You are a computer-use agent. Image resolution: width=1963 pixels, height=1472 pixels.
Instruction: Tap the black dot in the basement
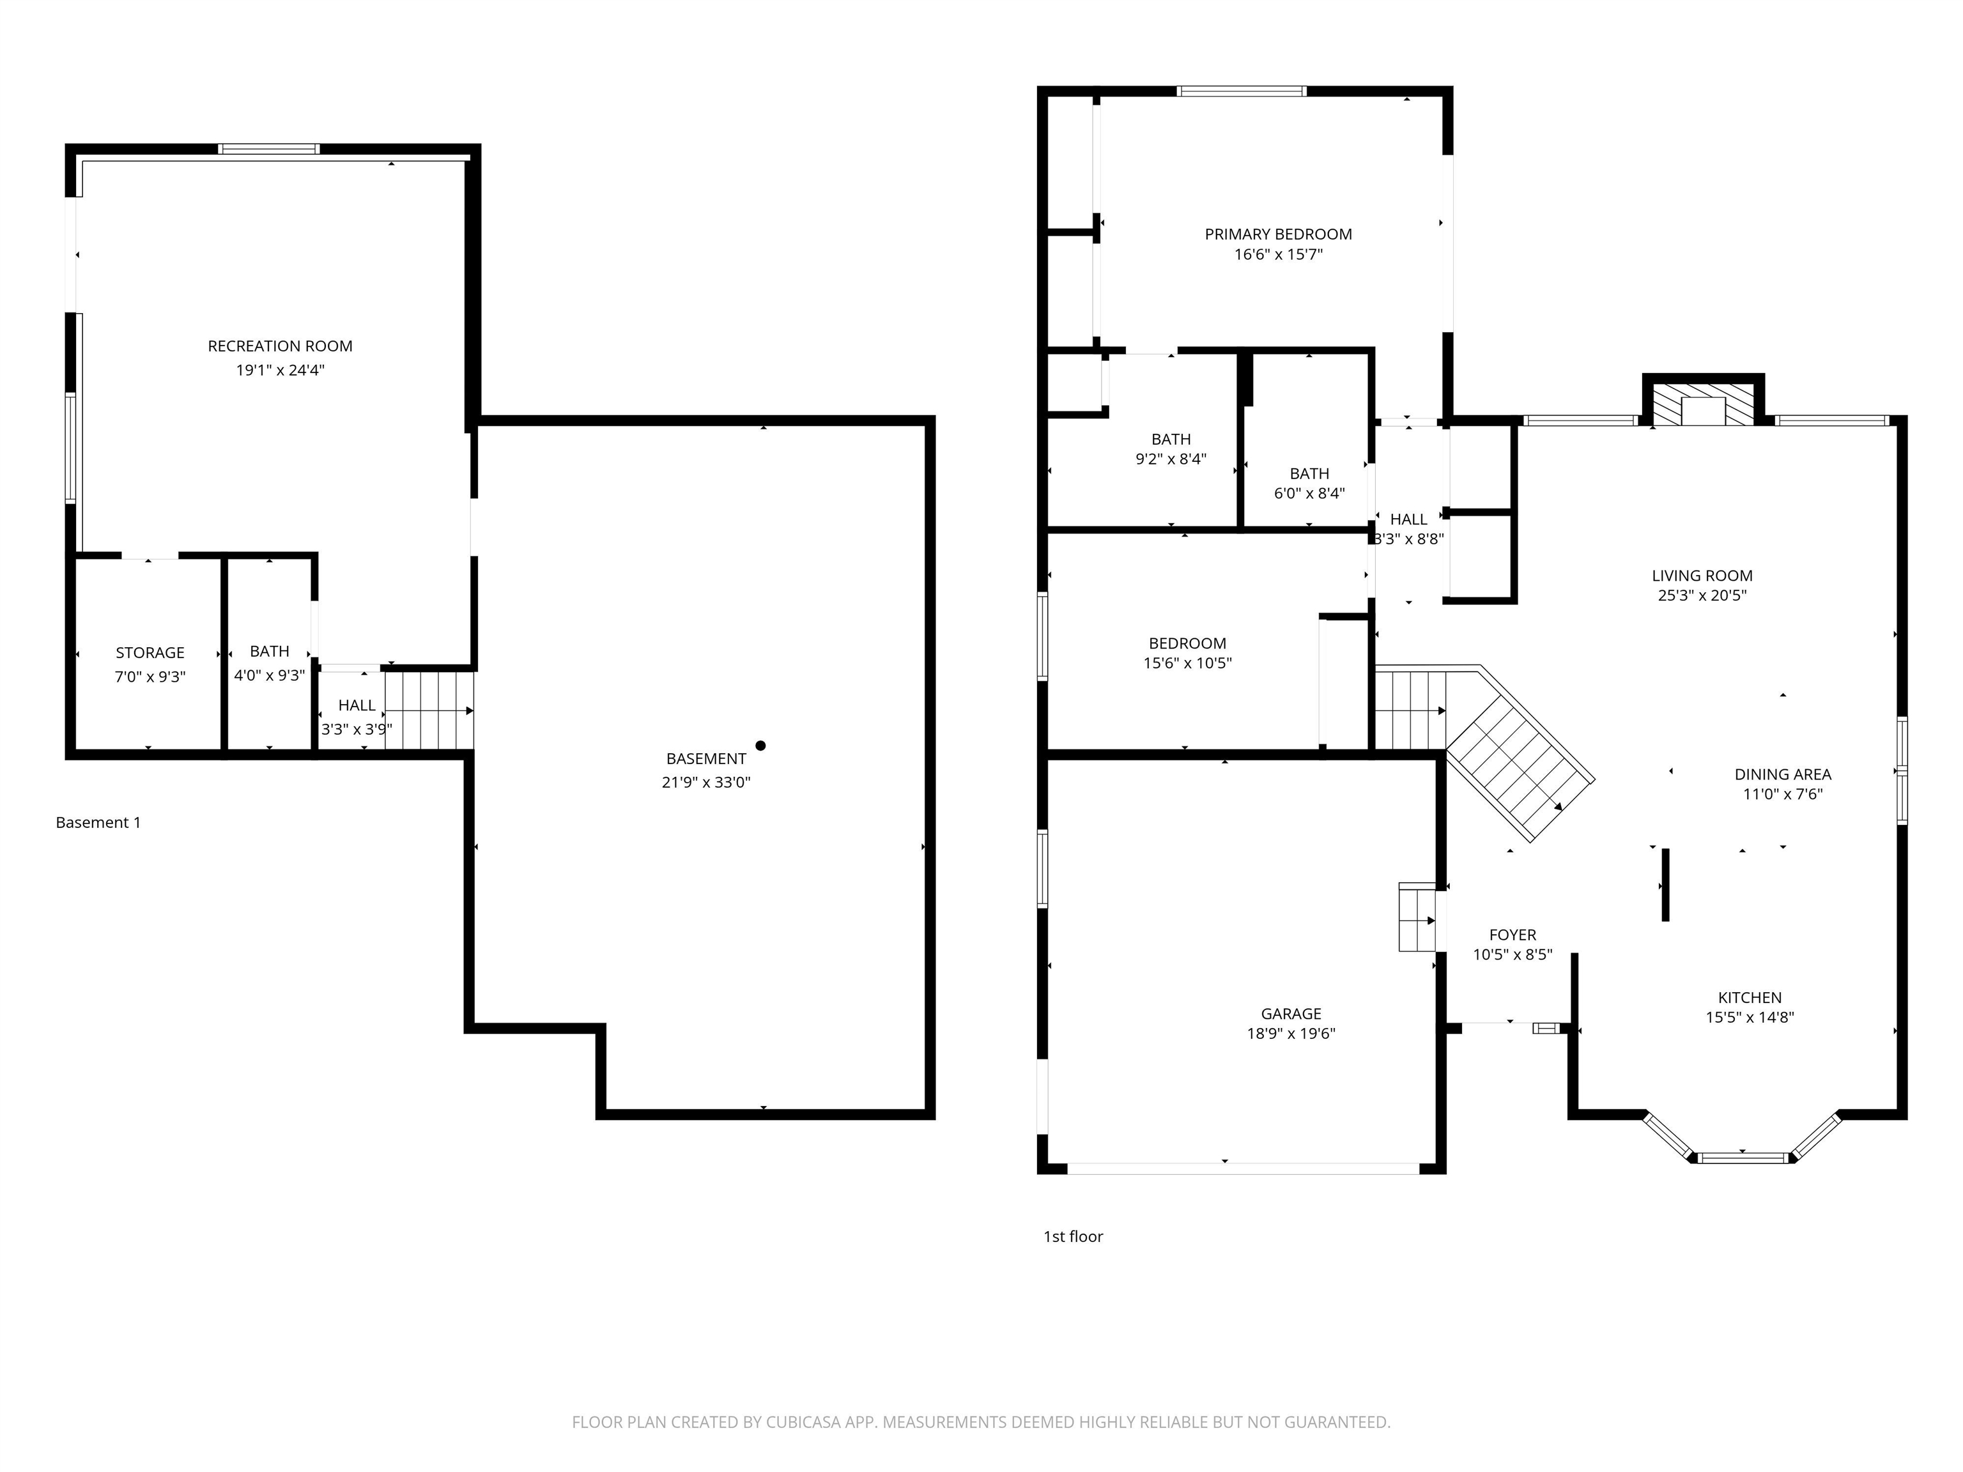click(x=760, y=746)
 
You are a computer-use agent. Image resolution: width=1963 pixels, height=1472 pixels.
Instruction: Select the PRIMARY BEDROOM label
click(x=1278, y=234)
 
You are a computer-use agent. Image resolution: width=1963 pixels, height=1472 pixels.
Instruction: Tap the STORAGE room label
click(x=150, y=652)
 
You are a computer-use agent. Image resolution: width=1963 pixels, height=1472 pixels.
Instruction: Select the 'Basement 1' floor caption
click(x=98, y=822)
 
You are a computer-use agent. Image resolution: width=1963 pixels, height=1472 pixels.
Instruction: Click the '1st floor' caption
click(x=1072, y=1236)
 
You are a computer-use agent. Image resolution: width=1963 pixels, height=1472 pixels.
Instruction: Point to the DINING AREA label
click(x=1782, y=774)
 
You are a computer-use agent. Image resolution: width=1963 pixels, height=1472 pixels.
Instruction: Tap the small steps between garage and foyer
click(x=1417, y=917)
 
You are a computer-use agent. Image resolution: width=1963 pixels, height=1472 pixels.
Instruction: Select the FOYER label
click(x=1512, y=934)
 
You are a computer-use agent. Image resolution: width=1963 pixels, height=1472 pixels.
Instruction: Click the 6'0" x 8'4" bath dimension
click(x=1309, y=493)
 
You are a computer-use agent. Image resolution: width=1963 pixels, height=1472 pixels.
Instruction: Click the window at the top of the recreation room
click(x=269, y=149)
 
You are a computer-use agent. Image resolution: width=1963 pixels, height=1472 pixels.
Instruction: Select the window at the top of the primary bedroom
click(x=1242, y=91)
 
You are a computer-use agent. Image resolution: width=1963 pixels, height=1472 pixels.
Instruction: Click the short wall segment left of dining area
click(x=1665, y=885)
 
